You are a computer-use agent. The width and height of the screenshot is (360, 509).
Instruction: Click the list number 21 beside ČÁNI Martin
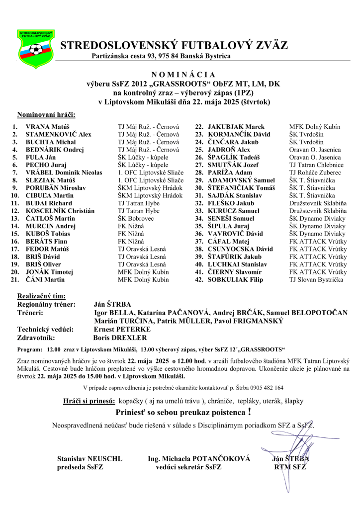tap(14, 279)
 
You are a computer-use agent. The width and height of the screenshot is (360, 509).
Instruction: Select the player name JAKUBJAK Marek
tap(236, 127)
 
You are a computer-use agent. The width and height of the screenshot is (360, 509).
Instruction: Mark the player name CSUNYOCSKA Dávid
tap(240, 249)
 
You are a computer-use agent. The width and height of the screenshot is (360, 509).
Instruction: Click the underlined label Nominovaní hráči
tap(46, 115)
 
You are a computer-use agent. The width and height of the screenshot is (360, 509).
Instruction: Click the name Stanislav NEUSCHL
tap(90, 458)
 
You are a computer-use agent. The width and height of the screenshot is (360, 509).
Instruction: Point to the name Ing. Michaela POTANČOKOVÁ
tap(199, 458)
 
